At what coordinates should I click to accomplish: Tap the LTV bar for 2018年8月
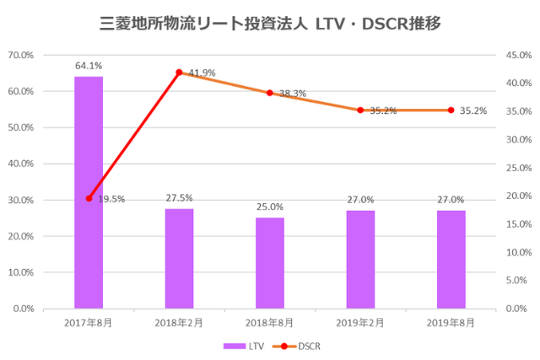coord(270,263)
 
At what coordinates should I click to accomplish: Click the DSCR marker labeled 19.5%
coord(89,198)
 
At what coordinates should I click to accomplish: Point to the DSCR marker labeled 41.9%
coord(179,73)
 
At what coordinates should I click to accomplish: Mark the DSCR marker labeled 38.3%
coord(270,93)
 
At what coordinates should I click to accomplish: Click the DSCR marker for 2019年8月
coord(451,110)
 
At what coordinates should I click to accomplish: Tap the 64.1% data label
coord(89,65)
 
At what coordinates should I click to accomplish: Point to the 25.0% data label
coord(270,207)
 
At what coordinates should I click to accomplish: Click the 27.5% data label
coord(179,197)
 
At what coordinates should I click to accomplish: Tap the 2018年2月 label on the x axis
coord(179,323)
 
